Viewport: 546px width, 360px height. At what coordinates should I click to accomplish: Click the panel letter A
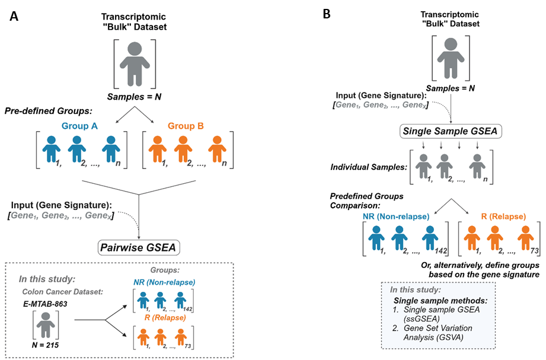(x=14, y=16)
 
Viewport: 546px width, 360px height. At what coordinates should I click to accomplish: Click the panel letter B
(x=327, y=14)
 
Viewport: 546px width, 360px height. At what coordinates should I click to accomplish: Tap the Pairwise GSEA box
(x=139, y=247)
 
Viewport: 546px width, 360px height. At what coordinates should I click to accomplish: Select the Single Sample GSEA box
(x=451, y=131)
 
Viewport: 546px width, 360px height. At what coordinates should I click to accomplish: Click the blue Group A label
(x=79, y=126)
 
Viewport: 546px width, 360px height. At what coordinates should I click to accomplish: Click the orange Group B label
(x=186, y=126)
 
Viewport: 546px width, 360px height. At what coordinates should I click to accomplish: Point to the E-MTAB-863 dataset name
(x=45, y=304)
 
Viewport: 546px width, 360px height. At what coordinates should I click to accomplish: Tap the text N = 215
(x=45, y=345)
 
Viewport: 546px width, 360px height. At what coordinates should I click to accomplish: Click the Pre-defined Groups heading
(x=49, y=111)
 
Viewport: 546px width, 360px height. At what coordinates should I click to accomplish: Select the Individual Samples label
(x=369, y=167)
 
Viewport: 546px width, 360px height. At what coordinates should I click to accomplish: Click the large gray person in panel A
(x=135, y=64)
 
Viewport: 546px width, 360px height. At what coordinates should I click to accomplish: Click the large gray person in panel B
(x=451, y=58)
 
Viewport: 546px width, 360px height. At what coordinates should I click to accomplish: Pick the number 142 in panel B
(x=440, y=251)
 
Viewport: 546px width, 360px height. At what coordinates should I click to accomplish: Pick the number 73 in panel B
(x=535, y=251)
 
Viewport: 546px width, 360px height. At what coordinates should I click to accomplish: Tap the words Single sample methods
(x=440, y=301)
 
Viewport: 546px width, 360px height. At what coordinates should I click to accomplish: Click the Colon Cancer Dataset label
(x=63, y=292)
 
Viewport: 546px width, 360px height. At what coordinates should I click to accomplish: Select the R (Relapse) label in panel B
(x=503, y=216)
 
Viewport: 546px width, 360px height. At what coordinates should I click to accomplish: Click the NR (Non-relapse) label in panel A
(x=164, y=282)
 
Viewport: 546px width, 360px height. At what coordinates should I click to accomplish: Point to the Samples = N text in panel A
(x=134, y=97)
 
